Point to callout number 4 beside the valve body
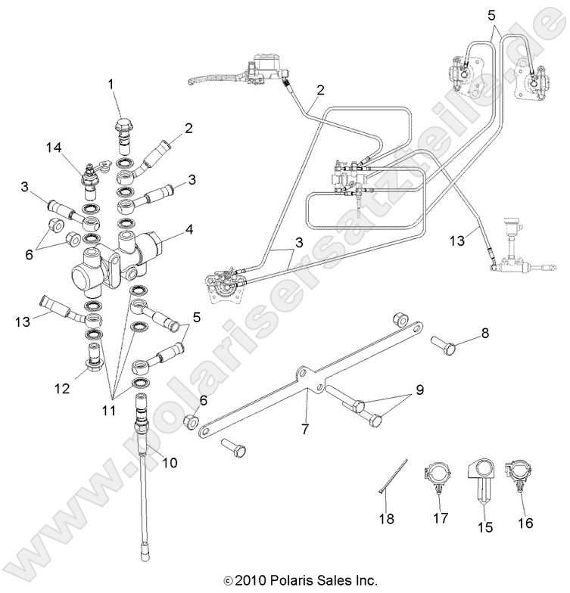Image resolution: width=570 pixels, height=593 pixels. [188, 228]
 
